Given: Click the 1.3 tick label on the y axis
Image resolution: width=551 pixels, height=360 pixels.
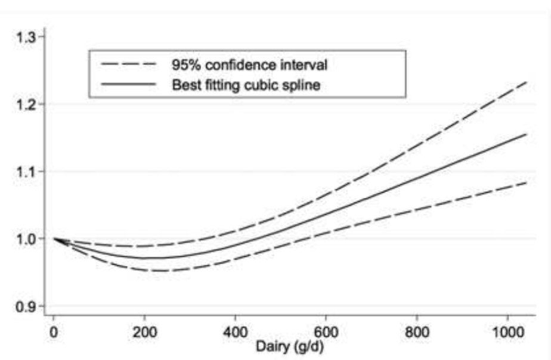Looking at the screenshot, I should point(25,37).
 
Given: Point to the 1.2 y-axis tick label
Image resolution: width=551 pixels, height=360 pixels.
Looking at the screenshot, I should point(25,104).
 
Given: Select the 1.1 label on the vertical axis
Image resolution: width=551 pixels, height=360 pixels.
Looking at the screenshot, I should point(25,172).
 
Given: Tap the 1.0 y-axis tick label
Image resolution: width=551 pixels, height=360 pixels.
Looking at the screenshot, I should point(25,238).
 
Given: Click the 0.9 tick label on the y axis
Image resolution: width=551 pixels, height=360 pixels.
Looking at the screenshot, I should point(25,306).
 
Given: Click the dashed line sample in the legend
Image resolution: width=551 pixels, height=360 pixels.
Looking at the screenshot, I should point(129,63).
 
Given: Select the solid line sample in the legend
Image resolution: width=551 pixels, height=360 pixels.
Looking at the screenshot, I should point(129,85).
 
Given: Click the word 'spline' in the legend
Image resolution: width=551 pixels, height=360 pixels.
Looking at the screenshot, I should point(305,85).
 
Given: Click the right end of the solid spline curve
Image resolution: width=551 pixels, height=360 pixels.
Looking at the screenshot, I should point(526,135).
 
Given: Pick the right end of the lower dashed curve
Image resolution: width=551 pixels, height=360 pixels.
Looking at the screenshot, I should point(526,183).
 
